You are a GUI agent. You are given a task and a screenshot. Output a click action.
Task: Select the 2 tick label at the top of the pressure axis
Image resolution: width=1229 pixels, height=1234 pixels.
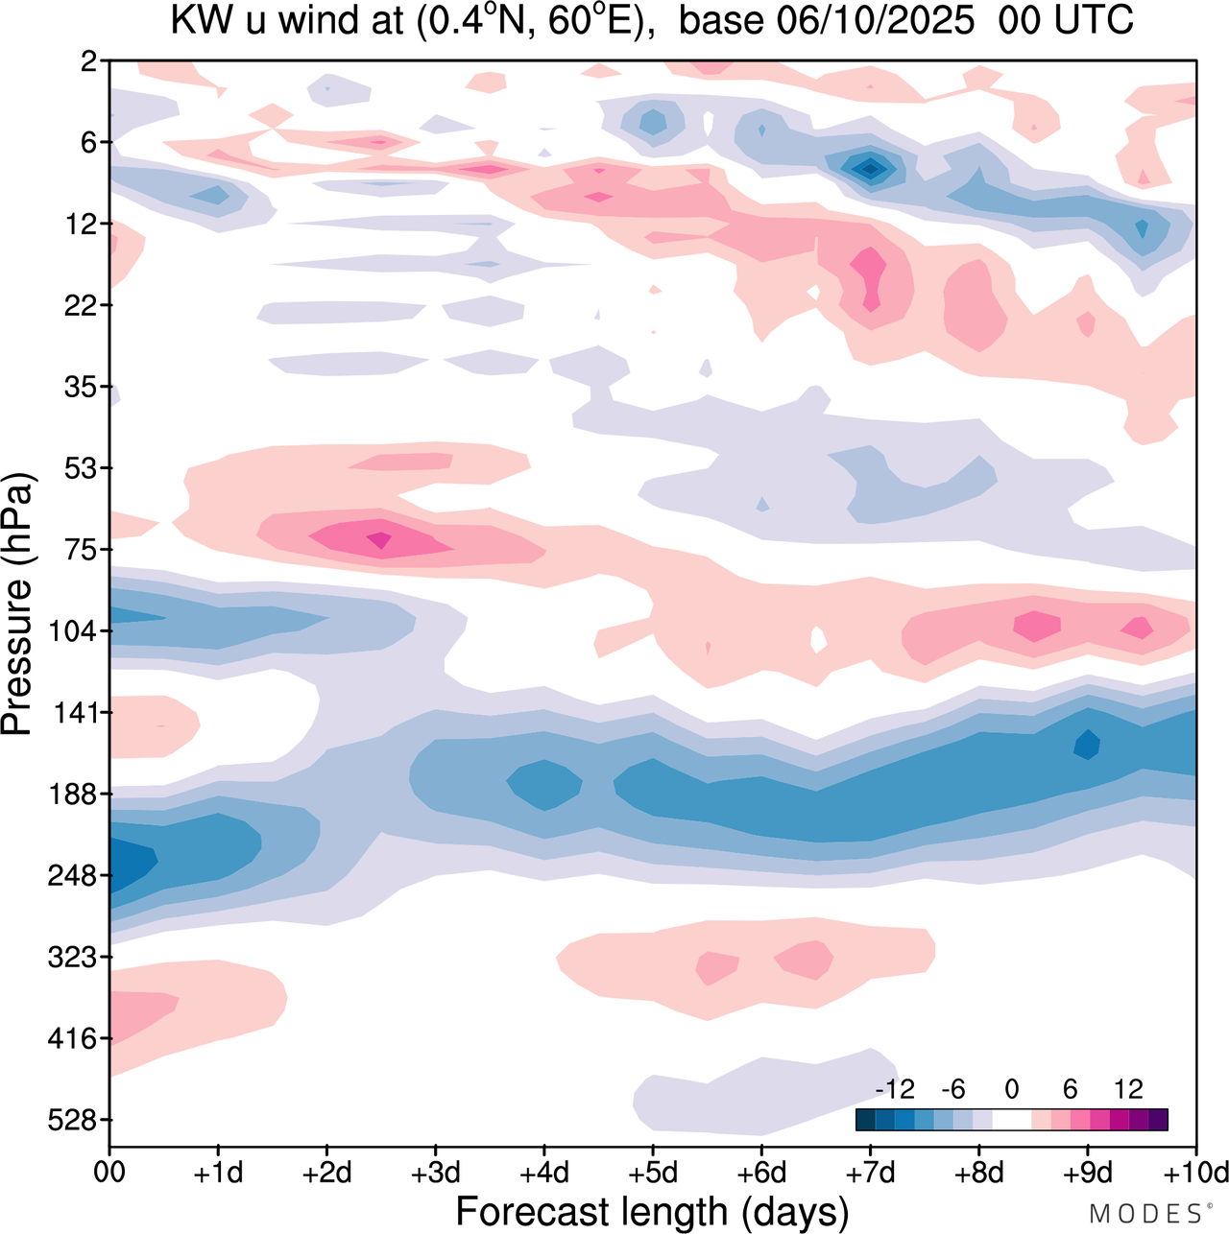(x=89, y=61)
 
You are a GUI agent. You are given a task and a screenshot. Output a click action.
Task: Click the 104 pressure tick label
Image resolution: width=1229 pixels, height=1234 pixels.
(x=77, y=631)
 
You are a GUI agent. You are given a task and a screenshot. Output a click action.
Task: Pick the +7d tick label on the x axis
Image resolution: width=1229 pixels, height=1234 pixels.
(x=870, y=1173)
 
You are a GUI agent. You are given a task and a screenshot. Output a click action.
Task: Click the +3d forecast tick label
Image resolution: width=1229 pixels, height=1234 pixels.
(x=435, y=1173)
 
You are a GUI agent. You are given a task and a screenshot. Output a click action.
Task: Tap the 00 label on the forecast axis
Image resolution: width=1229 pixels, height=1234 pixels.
(x=109, y=1173)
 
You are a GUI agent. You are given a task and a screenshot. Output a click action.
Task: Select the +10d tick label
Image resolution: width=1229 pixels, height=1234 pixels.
(x=1195, y=1173)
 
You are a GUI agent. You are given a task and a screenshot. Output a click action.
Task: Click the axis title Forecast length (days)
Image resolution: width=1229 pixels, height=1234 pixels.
(x=652, y=1212)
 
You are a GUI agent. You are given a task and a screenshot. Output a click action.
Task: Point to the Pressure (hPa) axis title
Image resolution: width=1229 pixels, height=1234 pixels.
(x=17, y=605)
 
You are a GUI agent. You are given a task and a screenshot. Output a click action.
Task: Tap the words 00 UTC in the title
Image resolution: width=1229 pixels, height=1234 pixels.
(x=1066, y=21)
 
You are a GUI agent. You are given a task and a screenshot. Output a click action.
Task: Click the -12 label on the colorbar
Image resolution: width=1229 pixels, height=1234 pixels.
(x=895, y=1089)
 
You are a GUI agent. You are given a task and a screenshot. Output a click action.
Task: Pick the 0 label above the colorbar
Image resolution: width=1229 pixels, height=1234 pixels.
(x=1011, y=1089)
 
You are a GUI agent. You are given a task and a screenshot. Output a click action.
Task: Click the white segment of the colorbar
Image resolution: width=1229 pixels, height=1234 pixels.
(x=1011, y=1120)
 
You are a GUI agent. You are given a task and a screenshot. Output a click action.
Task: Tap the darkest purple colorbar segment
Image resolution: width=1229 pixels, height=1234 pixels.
(x=1158, y=1120)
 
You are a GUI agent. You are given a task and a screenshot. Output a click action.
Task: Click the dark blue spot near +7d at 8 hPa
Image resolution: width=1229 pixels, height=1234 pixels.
(x=871, y=169)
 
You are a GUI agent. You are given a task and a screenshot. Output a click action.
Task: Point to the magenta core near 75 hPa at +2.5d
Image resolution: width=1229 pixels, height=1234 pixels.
(x=380, y=542)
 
